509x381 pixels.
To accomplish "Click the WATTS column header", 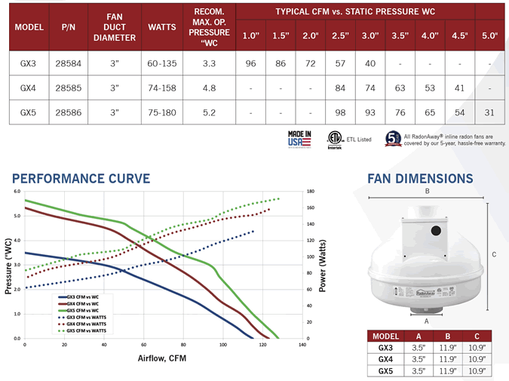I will point(162,26).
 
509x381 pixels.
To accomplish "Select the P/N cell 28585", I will point(69,88).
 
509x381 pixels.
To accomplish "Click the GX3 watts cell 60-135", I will point(162,64).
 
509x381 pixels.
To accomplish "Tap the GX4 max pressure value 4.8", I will point(210,88).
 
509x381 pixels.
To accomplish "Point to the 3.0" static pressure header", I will point(369,35).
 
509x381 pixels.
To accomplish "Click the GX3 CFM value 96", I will point(251,64).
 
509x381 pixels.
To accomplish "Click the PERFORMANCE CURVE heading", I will point(81,179).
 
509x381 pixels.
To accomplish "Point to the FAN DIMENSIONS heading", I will point(420,179).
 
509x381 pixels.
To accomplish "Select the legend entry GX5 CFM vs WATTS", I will point(87,330).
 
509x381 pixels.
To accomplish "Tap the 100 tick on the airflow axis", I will point(223,345).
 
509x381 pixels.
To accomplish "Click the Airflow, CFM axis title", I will point(162,357).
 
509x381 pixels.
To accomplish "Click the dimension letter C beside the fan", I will point(494,255).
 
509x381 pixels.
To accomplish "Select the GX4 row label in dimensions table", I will point(385,360).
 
